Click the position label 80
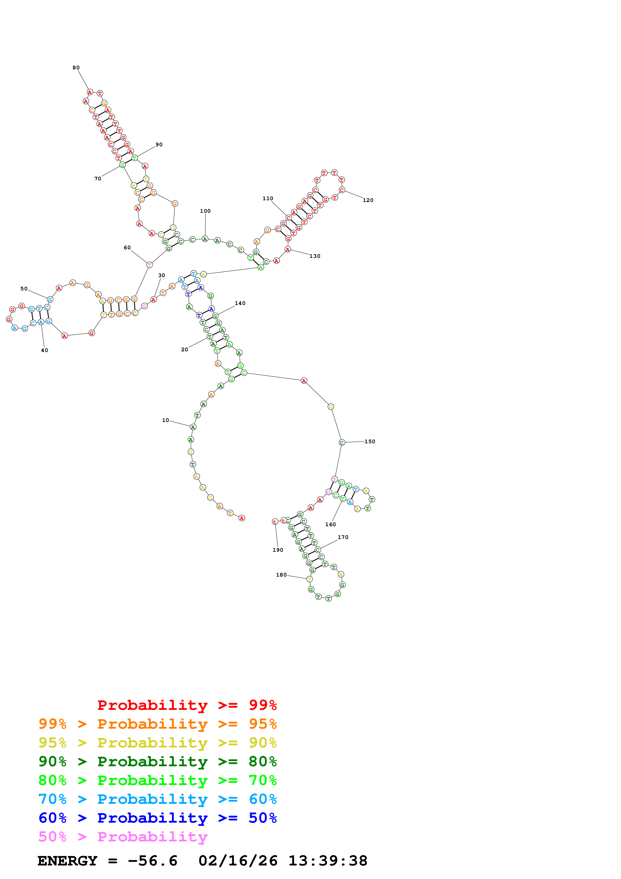[76, 68]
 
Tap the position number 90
[159, 145]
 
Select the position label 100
[205, 211]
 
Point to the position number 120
[368, 200]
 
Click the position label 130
[315, 256]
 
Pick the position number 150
[369, 442]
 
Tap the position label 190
[278, 550]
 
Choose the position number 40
[44, 350]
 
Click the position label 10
[165, 420]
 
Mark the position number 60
[127, 248]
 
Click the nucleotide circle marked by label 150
[342, 443]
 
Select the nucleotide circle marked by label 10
[193, 427]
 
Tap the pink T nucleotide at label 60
[149, 265]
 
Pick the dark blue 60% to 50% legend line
[157, 818]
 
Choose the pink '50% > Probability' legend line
[123, 837]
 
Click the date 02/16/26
[238, 861]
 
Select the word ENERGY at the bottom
[67, 861]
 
